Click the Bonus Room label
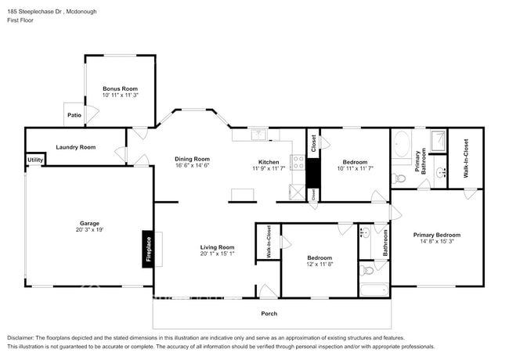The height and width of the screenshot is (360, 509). tap(120, 88)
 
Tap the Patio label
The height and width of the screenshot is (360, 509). tap(74, 115)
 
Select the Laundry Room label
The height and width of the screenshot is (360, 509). tap(75, 147)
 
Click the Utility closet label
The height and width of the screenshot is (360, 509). tap(35, 160)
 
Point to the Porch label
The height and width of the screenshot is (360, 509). tap(269, 314)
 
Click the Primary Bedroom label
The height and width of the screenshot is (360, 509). tap(437, 235)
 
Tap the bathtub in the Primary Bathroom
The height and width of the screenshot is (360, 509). tap(402, 146)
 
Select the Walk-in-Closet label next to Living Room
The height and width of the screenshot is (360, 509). tap(268, 242)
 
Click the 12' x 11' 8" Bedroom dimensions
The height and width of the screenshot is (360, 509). tap(319, 265)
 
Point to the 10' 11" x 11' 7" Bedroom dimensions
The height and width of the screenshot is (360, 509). tap(353, 168)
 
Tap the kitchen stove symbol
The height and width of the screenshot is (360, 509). tap(298, 163)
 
